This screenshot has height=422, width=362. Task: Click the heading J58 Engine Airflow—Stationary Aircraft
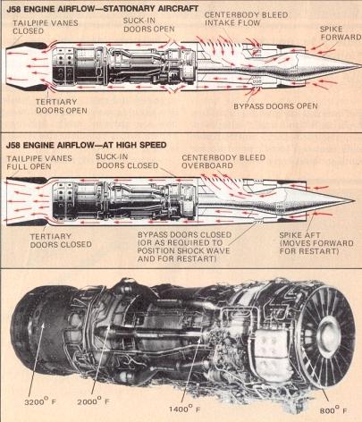102,9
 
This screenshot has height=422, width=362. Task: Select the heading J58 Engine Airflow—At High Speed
86,145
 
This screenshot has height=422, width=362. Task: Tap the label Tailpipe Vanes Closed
46,27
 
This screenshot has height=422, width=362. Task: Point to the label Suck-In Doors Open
149,25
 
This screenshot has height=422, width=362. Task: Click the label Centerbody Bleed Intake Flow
246,19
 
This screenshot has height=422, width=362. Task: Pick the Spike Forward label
341,33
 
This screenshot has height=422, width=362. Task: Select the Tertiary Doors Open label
62,106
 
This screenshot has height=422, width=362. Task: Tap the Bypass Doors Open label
275,106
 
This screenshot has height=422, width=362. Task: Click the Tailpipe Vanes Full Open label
39,163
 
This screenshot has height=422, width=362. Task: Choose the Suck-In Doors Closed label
127,161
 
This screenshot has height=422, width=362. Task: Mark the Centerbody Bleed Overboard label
223,161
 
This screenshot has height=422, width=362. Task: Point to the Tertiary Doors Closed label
61,241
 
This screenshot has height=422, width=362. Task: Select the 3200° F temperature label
40,401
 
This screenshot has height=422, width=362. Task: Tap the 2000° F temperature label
93,401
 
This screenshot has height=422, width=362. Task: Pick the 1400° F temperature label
184,409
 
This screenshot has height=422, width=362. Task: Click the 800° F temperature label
333,410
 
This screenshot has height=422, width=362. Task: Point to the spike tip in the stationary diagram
360,65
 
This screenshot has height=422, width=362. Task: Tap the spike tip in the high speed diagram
353,200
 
